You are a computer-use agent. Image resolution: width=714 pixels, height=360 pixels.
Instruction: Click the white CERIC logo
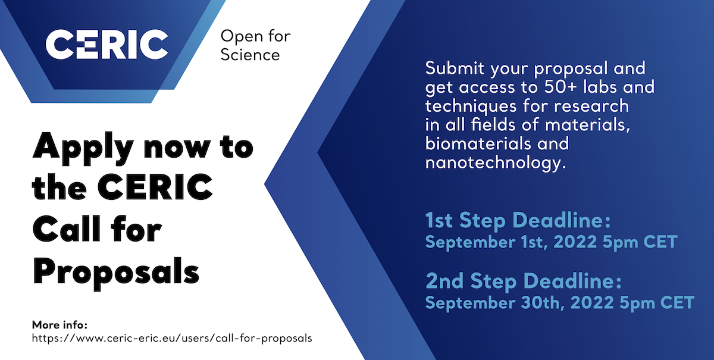pyautogui.click(x=107, y=44)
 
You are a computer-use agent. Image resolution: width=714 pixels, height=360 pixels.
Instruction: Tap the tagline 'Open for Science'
pyautogui.click(x=255, y=45)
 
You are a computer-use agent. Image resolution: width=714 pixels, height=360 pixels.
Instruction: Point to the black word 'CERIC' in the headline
pyautogui.click(x=155, y=187)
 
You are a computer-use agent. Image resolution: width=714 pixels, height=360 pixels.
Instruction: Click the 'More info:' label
pyautogui.click(x=59, y=325)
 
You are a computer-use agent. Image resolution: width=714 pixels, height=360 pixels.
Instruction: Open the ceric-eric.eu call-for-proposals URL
pyautogui.click(x=172, y=338)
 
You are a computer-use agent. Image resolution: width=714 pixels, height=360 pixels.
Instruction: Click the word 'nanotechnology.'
pyautogui.click(x=496, y=162)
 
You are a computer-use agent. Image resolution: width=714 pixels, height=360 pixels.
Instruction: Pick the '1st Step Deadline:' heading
pyautogui.click(x=518, y=220)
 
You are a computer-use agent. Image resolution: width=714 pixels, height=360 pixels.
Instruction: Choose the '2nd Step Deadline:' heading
pyautogui.click(x=524, y=281)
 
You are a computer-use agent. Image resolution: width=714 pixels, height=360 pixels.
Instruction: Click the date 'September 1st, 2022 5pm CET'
pyautogui.click(x=551, y=242)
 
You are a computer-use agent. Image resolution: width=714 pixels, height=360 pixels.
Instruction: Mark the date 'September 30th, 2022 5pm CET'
pyautogui.click(x=560, y=303)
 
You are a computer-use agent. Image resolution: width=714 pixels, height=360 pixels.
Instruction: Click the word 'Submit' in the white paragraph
pyautogui.click(x=455, y=68)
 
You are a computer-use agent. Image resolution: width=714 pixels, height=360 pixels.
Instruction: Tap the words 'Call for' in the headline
pyautogui.click(x=97, y=229)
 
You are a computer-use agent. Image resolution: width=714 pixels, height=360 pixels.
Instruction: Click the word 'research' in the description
pyautogui.click(x=591, y=106)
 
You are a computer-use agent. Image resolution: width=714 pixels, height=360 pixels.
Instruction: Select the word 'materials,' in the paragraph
pyautogui.click(x=587, y=125)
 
